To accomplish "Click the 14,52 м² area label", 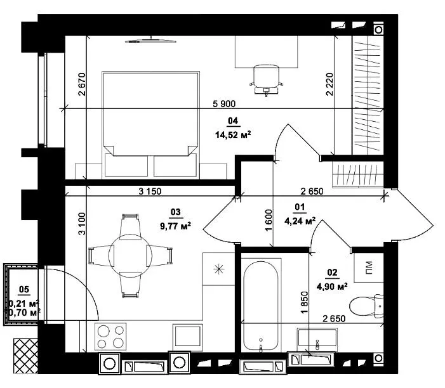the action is (x=233, y=134).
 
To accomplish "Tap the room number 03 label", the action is (x=176, y=212).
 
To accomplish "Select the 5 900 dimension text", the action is (x=224, y=104).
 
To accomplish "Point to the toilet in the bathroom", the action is (x=366, y=306).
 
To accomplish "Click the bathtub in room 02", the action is (x=261, y=306).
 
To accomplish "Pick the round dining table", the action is (x=131, y=255).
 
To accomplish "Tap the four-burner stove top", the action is (x=110, y=337).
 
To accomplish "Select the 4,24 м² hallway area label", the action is (x=300, y=221).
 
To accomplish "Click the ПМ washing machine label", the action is (x=368, y=267).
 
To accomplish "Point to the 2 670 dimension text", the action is (x=81, y=84).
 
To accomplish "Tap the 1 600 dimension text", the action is (x=269, y=220).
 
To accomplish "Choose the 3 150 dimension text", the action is (x=150, y=191).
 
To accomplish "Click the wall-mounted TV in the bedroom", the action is (x=151, y=41).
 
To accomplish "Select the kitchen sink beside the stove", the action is (x=188, y=337).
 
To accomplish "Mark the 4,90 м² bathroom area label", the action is (x=332, y=287).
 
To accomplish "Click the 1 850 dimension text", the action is (x=305, y=302).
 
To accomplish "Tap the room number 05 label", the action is (x=24, y=289).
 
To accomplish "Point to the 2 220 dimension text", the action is (x=329, y=84).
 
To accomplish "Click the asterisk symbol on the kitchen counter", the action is (x=219, y=269).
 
